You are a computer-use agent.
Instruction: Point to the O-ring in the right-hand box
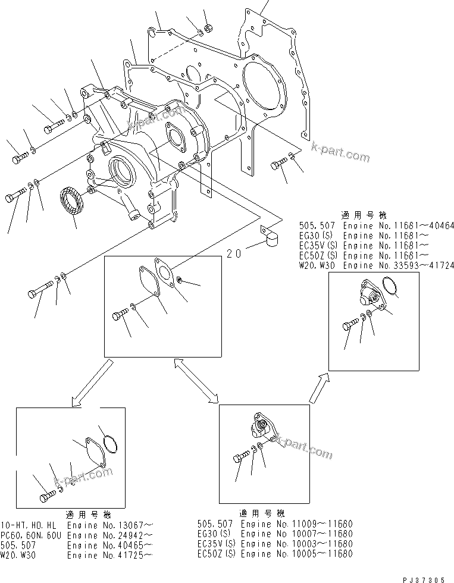[x=390, y=288]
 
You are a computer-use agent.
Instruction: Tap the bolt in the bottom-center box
[x=241, y=457]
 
